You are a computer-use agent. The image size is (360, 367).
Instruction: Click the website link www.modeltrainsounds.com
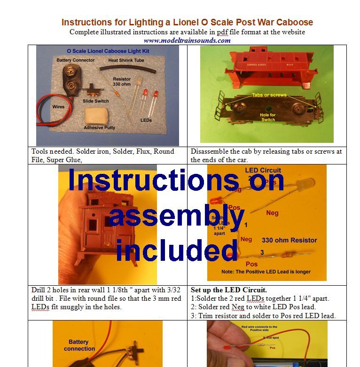click(187, 40)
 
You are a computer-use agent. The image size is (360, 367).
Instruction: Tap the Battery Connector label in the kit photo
click(75, 60)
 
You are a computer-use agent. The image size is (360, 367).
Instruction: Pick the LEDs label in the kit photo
click(146, 120)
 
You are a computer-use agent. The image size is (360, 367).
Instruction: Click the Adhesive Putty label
click(99, 127)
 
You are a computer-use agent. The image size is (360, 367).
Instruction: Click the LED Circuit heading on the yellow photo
click(264, 170)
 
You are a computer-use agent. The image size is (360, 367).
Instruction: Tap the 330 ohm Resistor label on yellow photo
click(290, 240)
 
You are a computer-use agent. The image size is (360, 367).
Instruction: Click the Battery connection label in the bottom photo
click(79, 345)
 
